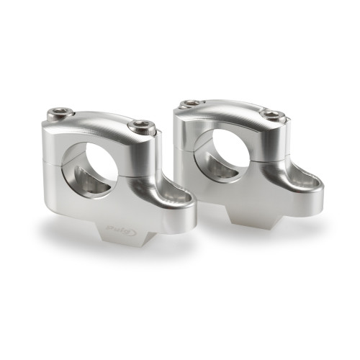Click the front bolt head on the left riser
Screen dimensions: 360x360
[x=140, y=127]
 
